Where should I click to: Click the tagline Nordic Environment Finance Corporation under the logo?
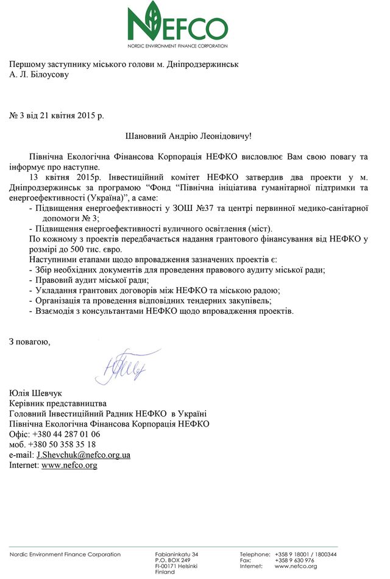[x=178, y=46]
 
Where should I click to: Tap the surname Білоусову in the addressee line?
[x=48, y=75]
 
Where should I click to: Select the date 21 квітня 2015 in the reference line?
[x=66, y=115]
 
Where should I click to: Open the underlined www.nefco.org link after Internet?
[x=69, y=465]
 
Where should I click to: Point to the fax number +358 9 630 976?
[x=294, y=560]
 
